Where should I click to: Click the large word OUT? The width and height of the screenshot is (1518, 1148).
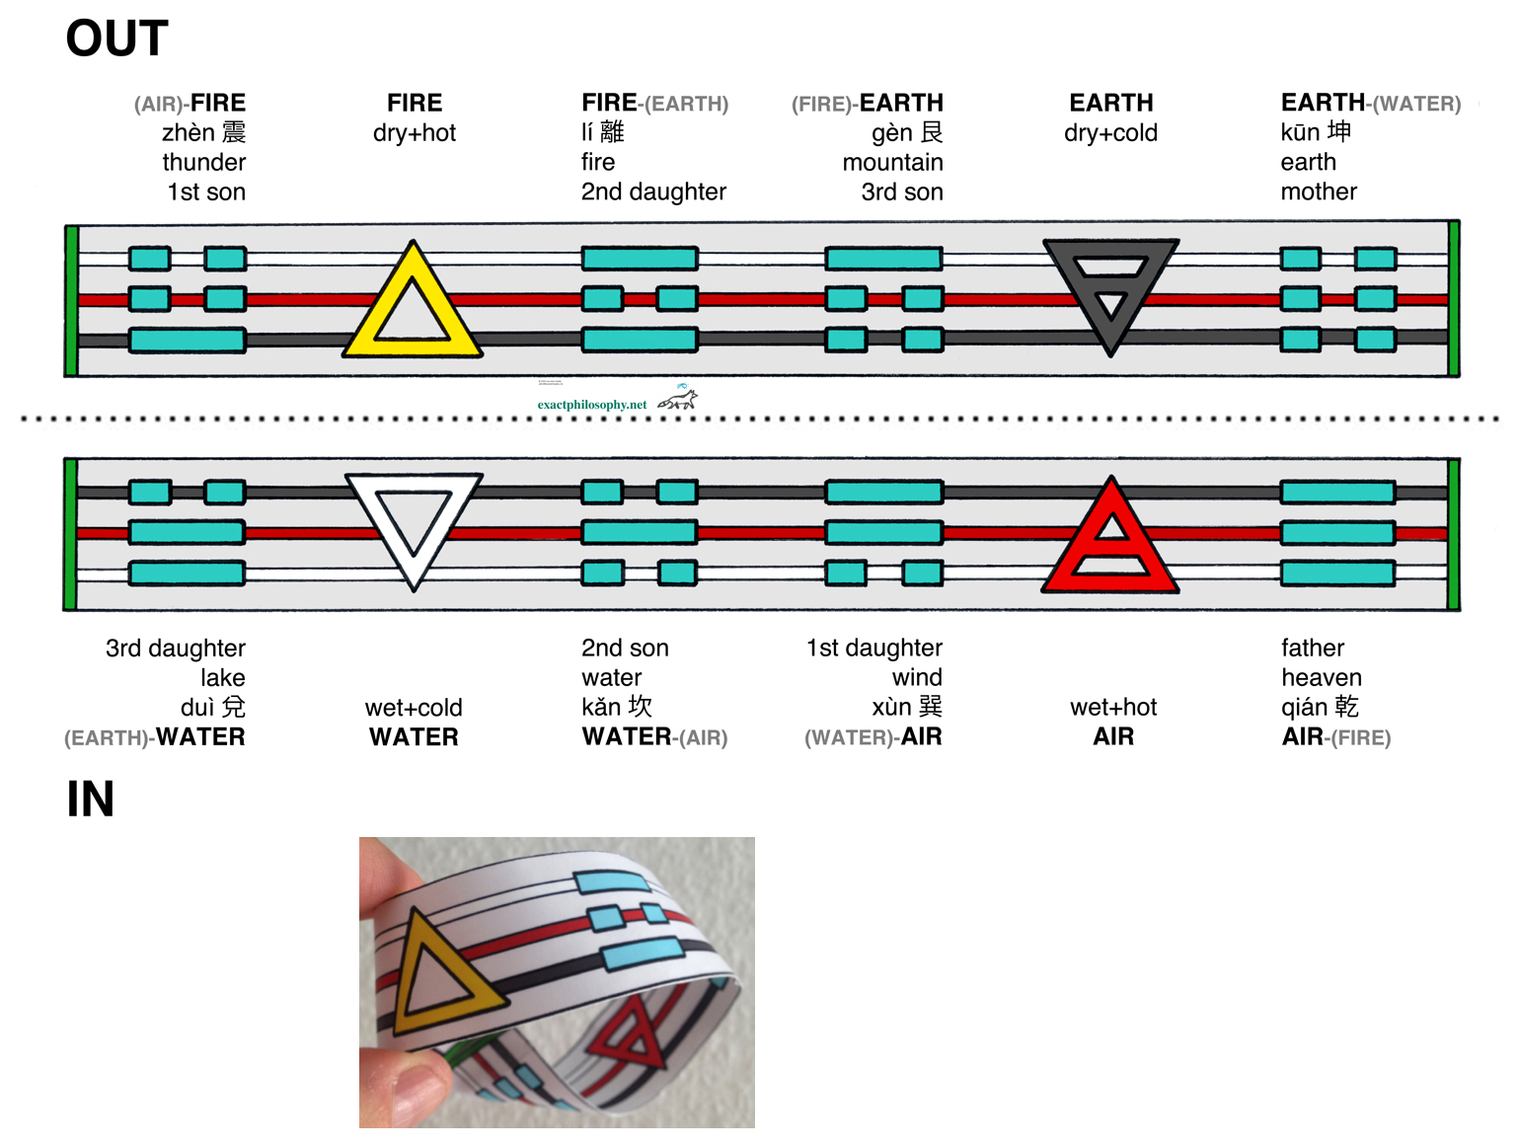click(x=116, y=38)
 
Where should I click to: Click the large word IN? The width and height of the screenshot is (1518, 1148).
click(x=90, y=800)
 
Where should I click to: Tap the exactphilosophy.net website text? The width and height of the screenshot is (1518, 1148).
click(x=592, y=405)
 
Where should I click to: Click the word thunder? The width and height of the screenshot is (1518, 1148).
click(x=204, y=162)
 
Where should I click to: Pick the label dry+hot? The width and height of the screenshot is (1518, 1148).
click(x=415, y=133)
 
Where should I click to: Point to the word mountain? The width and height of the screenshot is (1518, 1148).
click(x=893, y=162)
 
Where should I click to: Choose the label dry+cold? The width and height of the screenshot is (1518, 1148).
click(x=1110, y=133)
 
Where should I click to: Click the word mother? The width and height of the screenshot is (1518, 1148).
click(x=1319, y=191)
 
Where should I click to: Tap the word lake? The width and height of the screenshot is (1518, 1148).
click(x=223, y=677)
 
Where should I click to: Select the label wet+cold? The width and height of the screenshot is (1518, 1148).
click(x=414, y=708)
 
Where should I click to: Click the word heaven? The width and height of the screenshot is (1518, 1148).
click(x=1322, y=677)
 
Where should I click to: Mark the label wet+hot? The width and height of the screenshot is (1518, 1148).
click(x=1113, y=707)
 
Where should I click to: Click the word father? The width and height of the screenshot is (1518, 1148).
click(x=1313, y=648)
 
